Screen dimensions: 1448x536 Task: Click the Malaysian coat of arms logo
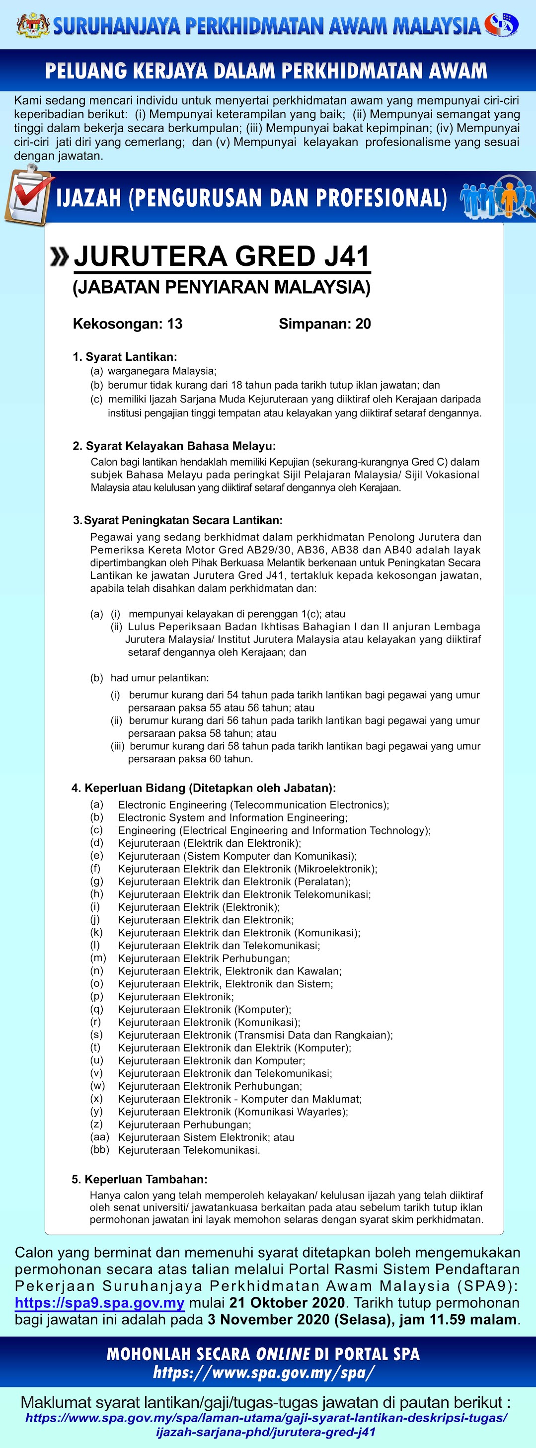(x=33, y=25)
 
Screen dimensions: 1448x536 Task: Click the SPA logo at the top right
(x=502, y=24)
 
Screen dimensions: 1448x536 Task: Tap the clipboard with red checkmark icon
(x=29, y=197)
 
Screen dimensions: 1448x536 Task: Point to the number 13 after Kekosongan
(x=175, y=324)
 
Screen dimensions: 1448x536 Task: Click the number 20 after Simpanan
(x=363, y=324)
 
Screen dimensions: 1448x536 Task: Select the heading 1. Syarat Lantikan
(x=125, y=357)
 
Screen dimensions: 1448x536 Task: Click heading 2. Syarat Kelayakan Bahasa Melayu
(x=174, y=446)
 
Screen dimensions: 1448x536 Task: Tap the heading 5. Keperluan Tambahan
(x=139, y=1179)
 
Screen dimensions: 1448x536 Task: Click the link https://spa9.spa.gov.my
(x=99, y=1302)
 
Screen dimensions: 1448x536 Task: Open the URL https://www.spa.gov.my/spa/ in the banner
(x=263, y=1372)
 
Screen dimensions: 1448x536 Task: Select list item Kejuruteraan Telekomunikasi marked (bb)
(x=189, y=1150)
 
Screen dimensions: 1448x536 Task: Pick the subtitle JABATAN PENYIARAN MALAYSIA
(x=222, y=287)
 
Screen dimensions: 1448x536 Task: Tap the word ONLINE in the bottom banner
(x=283, y=1354)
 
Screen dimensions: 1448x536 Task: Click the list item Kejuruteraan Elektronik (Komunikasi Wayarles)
(x=232, y=1112)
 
